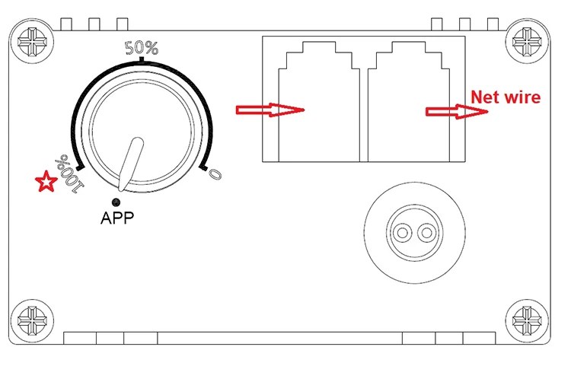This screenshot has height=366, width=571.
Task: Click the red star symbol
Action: point(46,182)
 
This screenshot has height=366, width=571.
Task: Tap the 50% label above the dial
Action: point(142,47)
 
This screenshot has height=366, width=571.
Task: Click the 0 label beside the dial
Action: point(216,173)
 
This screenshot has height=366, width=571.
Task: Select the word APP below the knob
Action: point(117,218)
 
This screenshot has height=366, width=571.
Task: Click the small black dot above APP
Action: point(116,202)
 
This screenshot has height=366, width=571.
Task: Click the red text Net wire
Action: point(506,97)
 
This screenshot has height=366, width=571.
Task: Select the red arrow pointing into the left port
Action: point(271,110)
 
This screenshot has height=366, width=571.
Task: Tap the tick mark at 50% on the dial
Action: point(142,59)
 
